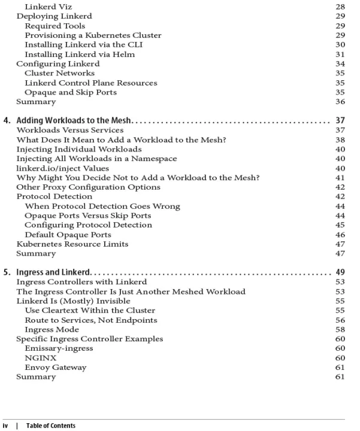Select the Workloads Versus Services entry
tap(69, 130)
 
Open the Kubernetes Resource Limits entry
tap(72, 244)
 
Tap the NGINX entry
tap(39, 358)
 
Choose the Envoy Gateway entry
tap(55, 368)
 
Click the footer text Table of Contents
tap(51, 426)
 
